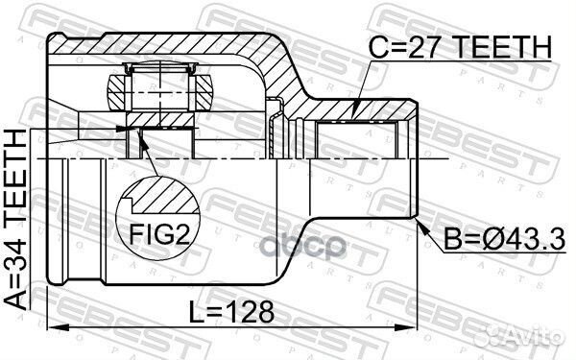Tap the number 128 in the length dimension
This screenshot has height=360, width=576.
pos(252,312)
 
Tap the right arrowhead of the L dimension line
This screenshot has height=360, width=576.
pos(416,328)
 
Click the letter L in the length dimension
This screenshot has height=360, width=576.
pos(196,312)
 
